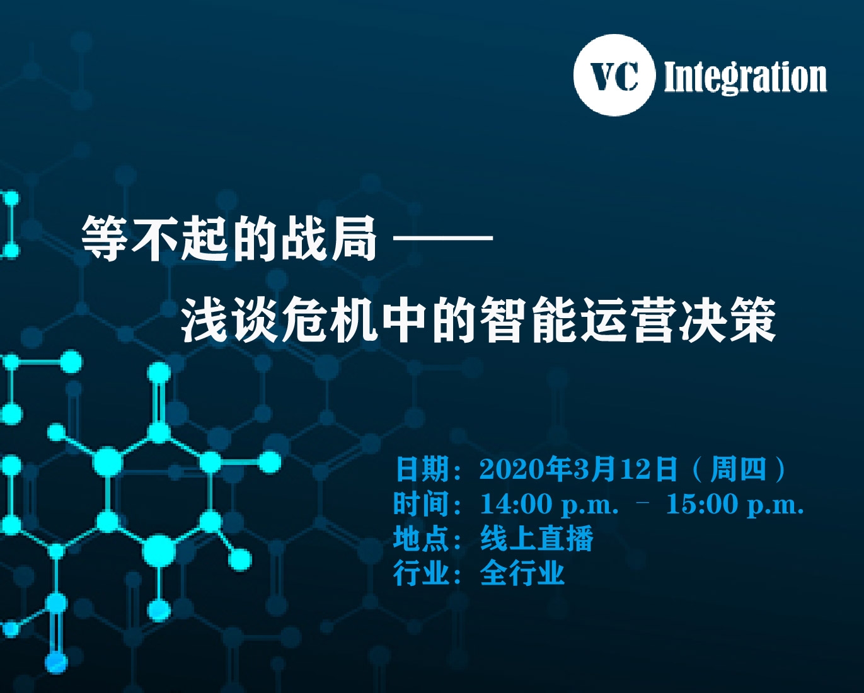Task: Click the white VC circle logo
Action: [x=614, y=75]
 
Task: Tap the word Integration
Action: [x=745, y=77]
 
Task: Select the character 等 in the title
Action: [x=106, y=239]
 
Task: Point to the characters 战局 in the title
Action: [x=329, y=239]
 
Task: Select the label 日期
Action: [x=422, y=469]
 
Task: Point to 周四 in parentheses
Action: [x=738, y=469]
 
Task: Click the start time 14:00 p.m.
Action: [x=550, y=505]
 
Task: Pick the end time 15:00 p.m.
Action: [x=735, y=505]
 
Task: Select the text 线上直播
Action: [x=537, y=539]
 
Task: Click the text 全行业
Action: [x=522, y=573]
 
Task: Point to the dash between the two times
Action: [x=643, y=501]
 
